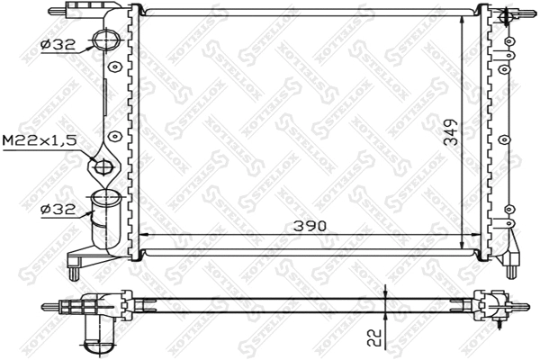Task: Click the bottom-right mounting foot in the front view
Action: [510, 265]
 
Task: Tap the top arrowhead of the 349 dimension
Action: [463, 20]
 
